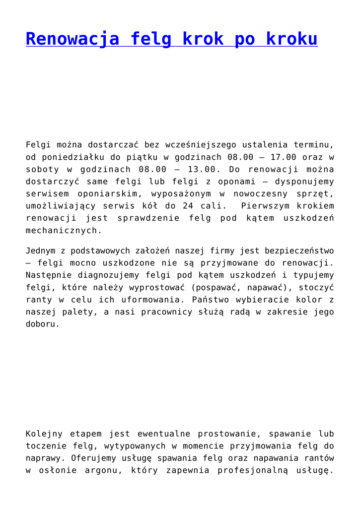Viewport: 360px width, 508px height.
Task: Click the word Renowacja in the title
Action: coord(72,39)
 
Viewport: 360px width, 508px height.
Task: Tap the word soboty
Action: coord(42,169)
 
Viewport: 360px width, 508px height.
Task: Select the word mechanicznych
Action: coord(64,230)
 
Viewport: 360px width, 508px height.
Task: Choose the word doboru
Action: coord(42,324)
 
